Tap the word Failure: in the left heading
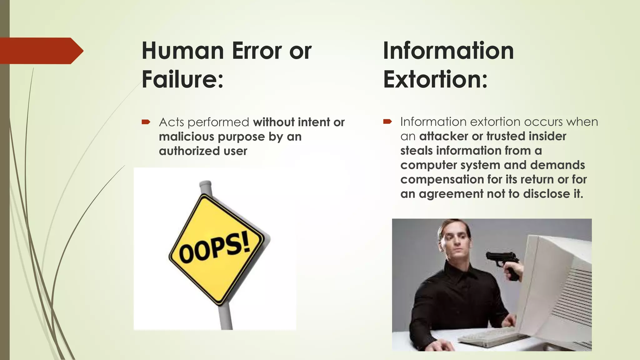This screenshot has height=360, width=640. (x=182, y=79)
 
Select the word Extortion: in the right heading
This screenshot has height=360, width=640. (x=435, y=79)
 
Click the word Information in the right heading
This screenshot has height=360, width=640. (x=448, y=51)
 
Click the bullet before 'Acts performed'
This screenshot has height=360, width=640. (x=146, y=122)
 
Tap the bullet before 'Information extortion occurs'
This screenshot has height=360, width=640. (x=387, y=122)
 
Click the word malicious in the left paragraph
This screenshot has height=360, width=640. (x=186, y=137)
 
